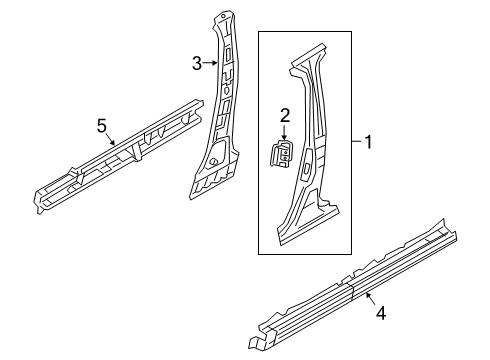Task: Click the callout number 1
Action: click(368, 142)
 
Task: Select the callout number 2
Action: click(285, 116)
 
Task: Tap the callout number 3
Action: click(197, 63)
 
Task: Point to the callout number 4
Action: click(381, 313)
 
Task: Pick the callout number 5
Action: click(102, 126)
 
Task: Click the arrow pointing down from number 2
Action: click(284, 132)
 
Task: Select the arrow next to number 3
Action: click(210, 63)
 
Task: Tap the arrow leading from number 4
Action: click(371, 298)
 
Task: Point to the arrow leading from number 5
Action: click(111, 140)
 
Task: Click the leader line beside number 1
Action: click(357, 142)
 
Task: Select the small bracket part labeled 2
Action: click(281, 153)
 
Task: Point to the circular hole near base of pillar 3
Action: click(212, 162)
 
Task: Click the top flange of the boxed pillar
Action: click(308, 54)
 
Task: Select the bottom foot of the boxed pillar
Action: click(308, 226)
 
